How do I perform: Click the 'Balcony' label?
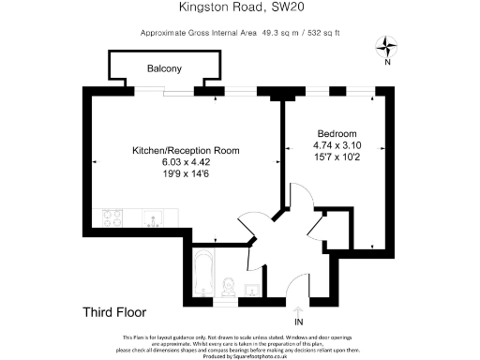[x=164, y=69]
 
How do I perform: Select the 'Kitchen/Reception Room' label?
[x=186, y=150]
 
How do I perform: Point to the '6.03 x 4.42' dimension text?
[x=186, y=161]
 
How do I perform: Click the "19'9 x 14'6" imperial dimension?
[x=186, y=172]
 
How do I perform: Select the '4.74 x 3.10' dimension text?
[x=336, y=146]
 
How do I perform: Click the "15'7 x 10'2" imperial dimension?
[x=336, y=157]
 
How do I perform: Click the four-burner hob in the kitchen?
[x=112, y=219]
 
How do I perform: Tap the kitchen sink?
[x=154, y=219]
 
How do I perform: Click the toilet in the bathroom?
[x=228, y=286]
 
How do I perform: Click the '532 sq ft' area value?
[x=320, y=33]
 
